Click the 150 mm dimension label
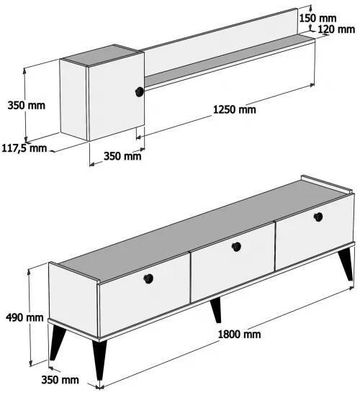[x=318, y=18]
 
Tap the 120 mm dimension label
[x=336, y=29]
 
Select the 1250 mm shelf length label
[x=235, y=109]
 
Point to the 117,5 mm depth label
[x=24, y=148]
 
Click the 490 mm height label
[x=24, y=317]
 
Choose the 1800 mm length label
[x=239, y=335]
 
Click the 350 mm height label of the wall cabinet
[x=26, y=105]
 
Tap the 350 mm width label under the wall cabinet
[x=122, y=156]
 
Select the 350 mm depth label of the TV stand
[x=60, y=380]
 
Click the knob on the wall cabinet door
[x=139, y=91]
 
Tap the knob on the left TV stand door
[x=148, y=278]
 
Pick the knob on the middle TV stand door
[x=236, y=247]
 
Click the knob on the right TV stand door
[x=318, y=217]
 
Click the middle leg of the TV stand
[x=217, y=310]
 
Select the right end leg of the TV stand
[x=346, y=265]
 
